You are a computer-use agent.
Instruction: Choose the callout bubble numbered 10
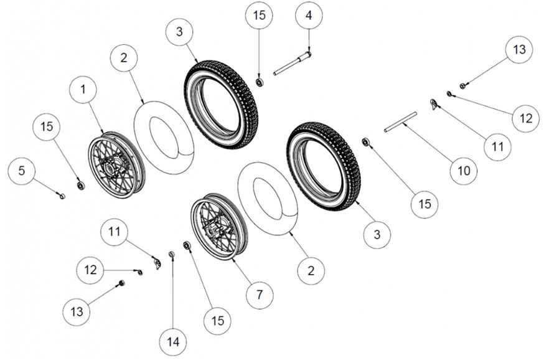[x=466, y=169]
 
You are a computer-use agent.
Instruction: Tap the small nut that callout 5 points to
[x=62, y=196]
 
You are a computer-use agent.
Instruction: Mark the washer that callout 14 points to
[x=171, y=253]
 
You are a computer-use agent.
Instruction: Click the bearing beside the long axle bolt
[x=260, y=81]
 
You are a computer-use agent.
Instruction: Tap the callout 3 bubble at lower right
[x=380, y=235]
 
